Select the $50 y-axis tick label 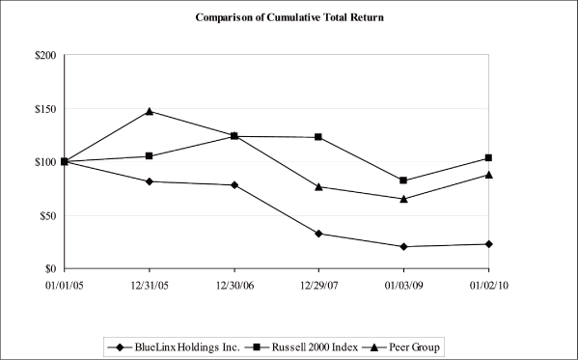[45, 215]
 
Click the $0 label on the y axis [48, 268]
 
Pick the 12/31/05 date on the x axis [149, 286]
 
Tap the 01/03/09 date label [403, 286]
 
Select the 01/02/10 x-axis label [488, 286]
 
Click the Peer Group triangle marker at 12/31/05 [149, 111]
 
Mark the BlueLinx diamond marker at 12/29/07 [318, 234]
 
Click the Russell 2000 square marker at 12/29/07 [318, 137]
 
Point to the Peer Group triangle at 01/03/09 [403, 199]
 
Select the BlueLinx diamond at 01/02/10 [488, 244]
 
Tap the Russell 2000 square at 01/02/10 [488, 157]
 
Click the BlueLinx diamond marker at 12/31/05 [149, 181]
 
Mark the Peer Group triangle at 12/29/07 [318, 186]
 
